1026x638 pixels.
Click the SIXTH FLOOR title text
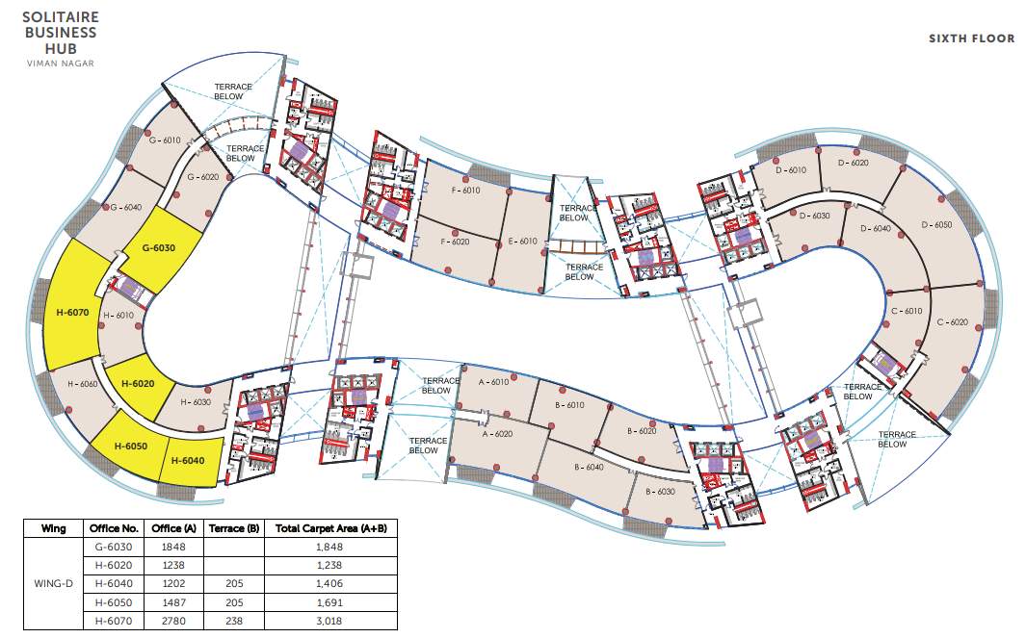pyautogui.click(x=971, y=38)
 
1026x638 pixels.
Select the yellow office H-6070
pyautogui.click(x=72, y=312)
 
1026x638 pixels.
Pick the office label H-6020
pyautogui.click(x=138, y=382)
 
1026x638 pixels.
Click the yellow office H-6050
pyautogui.click(x=130, y=447)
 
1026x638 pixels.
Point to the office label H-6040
pyautogui.click(x=189, y=460)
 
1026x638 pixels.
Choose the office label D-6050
pyautogui.click(x=936, y=224)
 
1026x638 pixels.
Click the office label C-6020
pyautogui.click(x=952, y=322)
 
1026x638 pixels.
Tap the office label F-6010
pyautogui.click(x=465, y=191)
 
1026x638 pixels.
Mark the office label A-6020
pyautogui.click(x=496, y=434)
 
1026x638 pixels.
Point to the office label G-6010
pyautogui.click(x=165, y=140)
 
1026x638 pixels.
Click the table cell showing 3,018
pyautogui.click(x=329, y=622)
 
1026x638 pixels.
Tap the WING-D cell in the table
pyautogui.click(x=54, y=584)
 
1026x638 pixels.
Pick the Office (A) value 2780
pyautogui.click(x=172, y=622)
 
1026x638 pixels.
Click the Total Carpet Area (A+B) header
pyautogui.click(x=329, y=528)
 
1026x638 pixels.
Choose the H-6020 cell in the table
pyautogui.click(x=114, y=566)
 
